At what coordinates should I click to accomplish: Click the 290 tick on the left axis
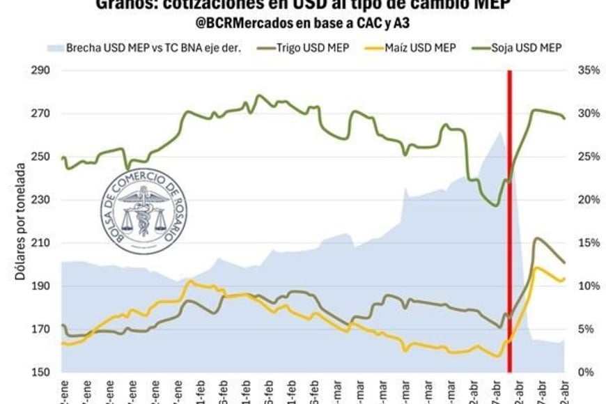(x=41, y=70)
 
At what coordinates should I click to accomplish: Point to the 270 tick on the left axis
(x=41, y=114)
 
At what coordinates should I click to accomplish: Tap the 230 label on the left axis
(x=41, y=200)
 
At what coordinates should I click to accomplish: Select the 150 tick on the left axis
(x=41, y=372)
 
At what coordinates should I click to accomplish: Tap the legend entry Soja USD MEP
(x=527, y=48)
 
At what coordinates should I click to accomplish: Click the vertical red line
(x=510, y=223)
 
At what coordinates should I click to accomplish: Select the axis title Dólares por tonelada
(x=20, y=222)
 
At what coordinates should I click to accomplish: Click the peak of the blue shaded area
(x=500, y=132)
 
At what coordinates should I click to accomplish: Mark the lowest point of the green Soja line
(x=495, y=205)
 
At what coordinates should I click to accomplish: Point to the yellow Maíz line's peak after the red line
(x=537, y=268)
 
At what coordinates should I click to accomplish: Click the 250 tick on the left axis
(x=41, y=157)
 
